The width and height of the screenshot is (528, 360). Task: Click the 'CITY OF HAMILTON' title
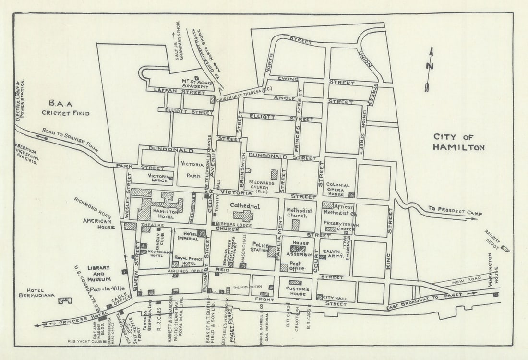click(458, 142)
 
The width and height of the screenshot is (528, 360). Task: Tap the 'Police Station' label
click(259, 248)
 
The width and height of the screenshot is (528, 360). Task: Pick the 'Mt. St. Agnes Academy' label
click(195, 84)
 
